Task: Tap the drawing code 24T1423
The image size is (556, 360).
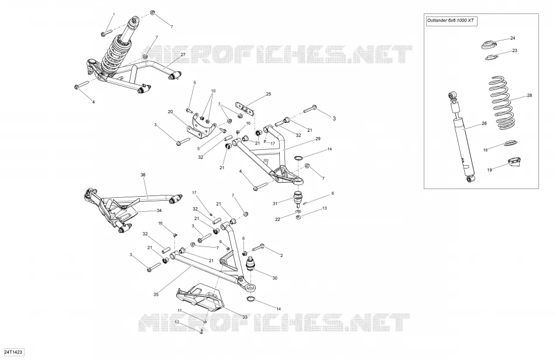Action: (13, 352)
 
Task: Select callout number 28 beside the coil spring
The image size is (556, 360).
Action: (530, 95)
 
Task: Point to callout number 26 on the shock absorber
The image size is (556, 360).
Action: (484, 124)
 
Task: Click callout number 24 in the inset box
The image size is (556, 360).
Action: (512, 38)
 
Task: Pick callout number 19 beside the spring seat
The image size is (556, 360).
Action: (489, 170)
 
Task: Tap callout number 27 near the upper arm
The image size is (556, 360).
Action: (183, 54)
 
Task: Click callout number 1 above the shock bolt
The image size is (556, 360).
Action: (114, 15)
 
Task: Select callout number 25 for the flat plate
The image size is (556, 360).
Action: (269, 94)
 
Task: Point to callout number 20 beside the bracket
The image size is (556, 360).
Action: (170, 112)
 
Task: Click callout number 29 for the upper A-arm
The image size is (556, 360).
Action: (318, 139)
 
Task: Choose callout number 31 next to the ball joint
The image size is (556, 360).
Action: (275, 204)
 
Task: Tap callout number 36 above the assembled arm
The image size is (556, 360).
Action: (143, 175)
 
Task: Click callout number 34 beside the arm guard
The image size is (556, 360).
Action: (159, 210)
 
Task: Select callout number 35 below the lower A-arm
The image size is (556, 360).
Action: (156, 294)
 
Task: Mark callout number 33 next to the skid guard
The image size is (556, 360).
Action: (245, 317)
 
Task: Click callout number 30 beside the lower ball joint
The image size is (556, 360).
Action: (275, 278)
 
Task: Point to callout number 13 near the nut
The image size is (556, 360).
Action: (324, 208)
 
